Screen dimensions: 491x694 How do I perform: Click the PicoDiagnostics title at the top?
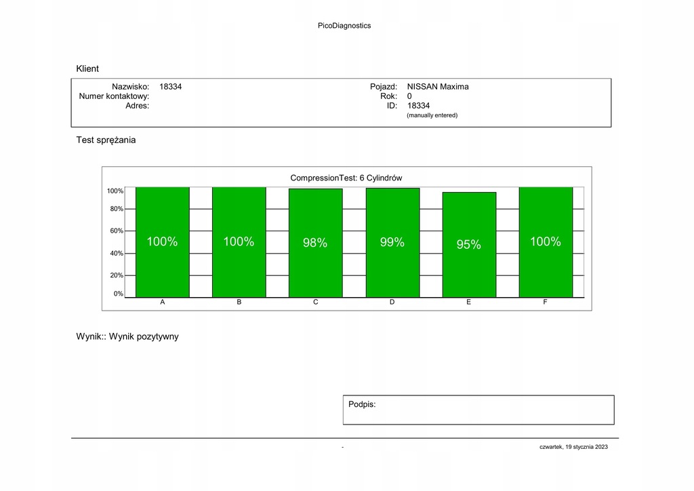click(344, 26)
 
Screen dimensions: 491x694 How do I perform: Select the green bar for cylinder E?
click(469, 271)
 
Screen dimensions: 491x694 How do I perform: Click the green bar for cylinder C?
click(315, 271)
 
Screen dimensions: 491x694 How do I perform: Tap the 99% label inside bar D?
click(392, 243)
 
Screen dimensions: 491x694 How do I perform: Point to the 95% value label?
click(469, 245)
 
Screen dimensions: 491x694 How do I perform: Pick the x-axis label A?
click(163, 302)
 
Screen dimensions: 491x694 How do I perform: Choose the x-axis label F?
click(546, 302)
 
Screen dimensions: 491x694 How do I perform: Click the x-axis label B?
click(239, 302)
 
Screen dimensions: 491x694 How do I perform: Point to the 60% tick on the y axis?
click(117, 231)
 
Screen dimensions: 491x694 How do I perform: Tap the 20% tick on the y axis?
click(117, 275)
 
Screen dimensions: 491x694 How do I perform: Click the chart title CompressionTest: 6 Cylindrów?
click(346, 178)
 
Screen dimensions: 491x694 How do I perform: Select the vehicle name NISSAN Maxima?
click(438, 87)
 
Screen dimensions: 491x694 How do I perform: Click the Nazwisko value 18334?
click(171, 87)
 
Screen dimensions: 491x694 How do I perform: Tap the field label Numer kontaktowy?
click(114, 96)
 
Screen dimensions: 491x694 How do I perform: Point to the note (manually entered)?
click(432, 115)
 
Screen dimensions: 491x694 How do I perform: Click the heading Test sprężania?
click(106, 140)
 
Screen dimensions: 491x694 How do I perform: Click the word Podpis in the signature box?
click(362, 404)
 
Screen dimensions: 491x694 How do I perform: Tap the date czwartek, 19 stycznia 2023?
click(573, 447)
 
